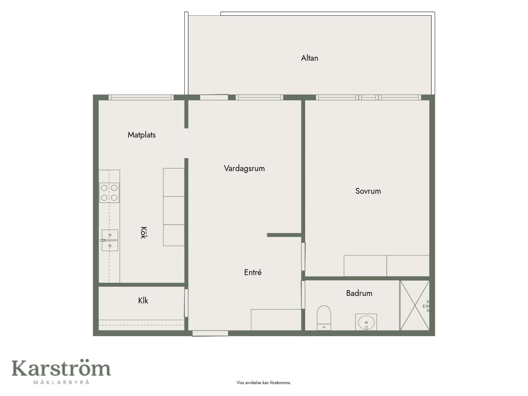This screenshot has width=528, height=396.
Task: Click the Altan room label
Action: pos(309,58)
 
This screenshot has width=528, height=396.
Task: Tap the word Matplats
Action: pos(142,135)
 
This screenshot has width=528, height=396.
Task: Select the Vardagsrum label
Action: pos(244,168)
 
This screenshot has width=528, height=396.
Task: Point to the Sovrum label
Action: pos(368,191)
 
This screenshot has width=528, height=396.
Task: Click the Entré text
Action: pos(253,272)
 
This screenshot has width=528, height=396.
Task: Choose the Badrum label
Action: pos(359,293)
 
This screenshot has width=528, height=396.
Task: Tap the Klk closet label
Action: pos(143,301)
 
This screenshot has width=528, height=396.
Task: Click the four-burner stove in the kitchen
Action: pos(109,193)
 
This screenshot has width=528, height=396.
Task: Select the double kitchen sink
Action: pos(110,240)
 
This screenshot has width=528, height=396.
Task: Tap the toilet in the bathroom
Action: pos(324,318)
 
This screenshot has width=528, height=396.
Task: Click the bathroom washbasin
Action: pos(366,322)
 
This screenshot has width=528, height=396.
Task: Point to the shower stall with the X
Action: pos(414,305)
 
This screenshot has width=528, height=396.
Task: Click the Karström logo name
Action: pos(61,368)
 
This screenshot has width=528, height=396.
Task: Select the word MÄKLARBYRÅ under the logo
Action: pos(61,382)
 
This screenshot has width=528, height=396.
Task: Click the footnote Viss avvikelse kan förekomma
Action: pos(264,383)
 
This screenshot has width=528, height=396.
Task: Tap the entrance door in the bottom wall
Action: pos(210,333)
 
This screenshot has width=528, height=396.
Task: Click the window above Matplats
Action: pos(141,97)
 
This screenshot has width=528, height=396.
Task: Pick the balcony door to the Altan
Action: pos(214,97)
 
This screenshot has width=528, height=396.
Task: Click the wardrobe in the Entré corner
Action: pos(276,320)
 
